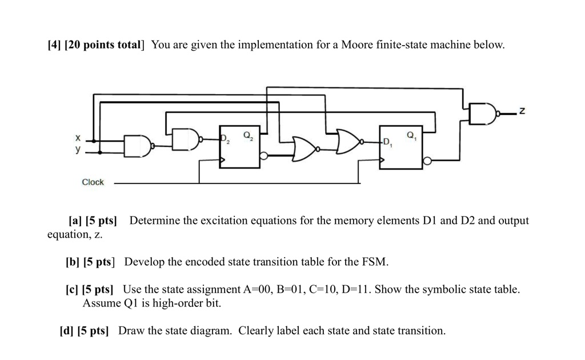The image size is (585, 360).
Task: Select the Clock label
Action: [x=93, y=182]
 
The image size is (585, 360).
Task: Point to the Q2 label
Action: [x=247, y=135]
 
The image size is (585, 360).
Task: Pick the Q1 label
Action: [x=411, y=135]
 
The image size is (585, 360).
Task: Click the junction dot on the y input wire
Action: [x=101, y=153]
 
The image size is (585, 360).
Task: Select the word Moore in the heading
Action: [x=356, y=45]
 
